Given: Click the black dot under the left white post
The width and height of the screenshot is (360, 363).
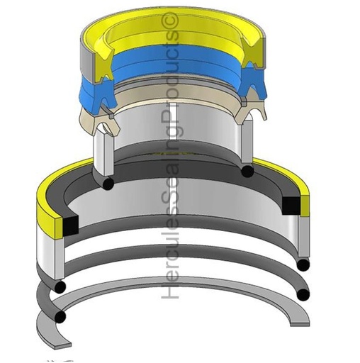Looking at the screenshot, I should pos(107,184).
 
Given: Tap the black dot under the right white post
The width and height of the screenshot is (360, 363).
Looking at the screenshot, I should pos(247,172).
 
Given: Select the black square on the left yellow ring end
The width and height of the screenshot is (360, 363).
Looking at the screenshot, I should pos(70,225).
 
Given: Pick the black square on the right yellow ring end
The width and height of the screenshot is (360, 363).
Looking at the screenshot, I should pos(291,205).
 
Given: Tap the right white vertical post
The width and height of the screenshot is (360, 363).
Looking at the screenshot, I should pos(248,145).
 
